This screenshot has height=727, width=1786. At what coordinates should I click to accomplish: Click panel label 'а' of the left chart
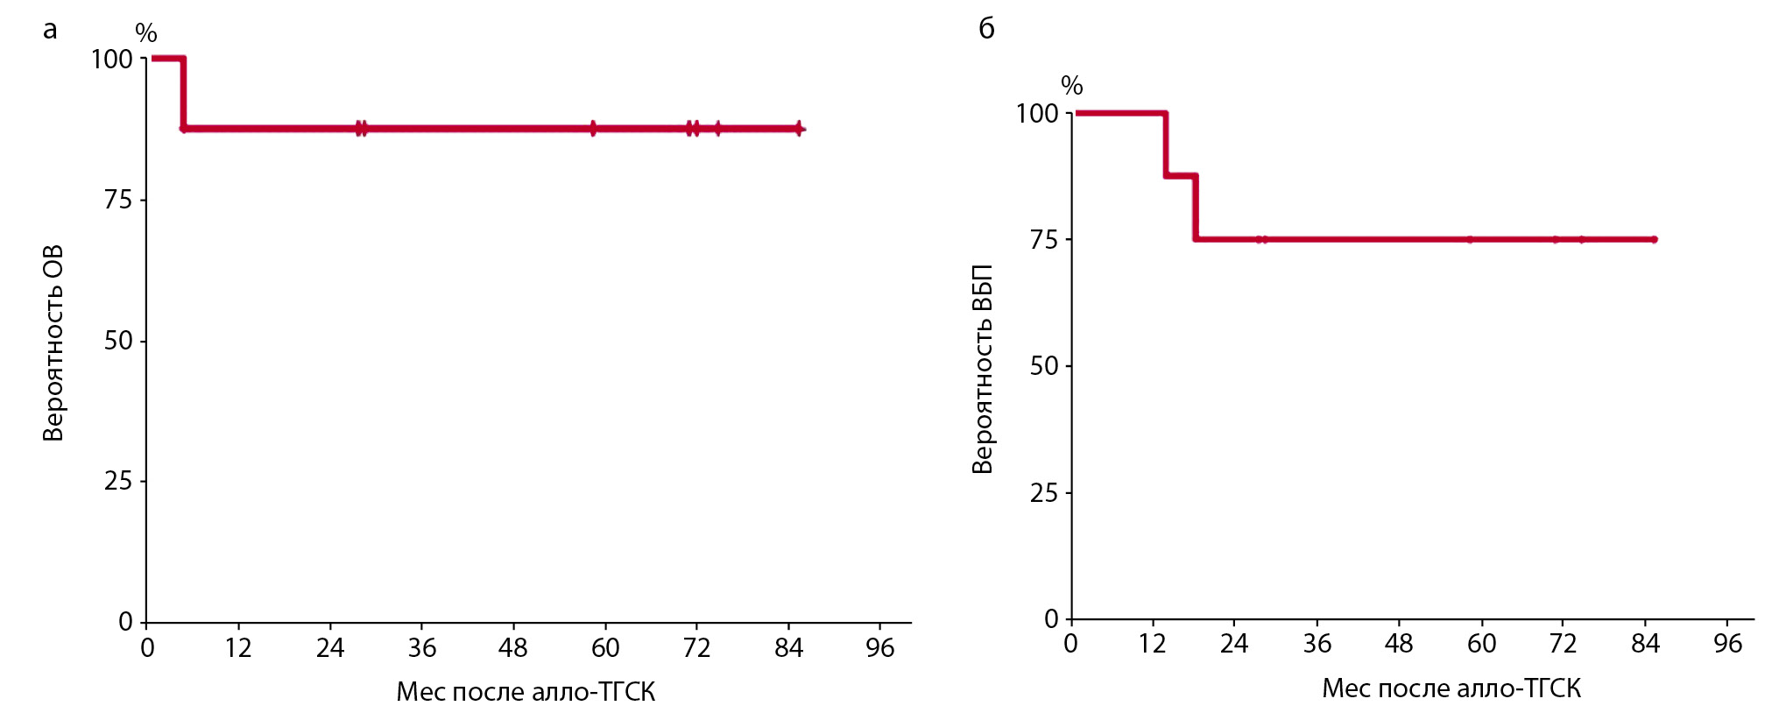coord(50,31)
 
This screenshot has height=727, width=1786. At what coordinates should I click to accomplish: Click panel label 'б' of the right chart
coord(986,29)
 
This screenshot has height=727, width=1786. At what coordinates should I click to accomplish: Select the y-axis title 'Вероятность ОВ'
coord(53,342)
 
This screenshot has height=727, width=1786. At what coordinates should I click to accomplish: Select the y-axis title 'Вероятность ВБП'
coord(982,369)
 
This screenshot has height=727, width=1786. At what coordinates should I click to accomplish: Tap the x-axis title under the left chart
coord(526,692)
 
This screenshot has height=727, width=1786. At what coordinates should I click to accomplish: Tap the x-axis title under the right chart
coord(1451,688)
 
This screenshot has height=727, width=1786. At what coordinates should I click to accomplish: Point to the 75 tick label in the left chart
coord(118,200)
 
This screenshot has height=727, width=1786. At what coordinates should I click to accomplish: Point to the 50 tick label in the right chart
coord(1044,365)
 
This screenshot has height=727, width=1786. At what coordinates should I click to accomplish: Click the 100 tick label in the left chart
coord(112,60)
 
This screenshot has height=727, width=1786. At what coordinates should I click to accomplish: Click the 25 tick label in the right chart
coord(1044,493)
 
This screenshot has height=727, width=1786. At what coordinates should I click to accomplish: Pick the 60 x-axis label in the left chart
coord(605,648)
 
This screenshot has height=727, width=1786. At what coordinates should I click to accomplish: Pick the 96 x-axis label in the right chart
coord(1727,645)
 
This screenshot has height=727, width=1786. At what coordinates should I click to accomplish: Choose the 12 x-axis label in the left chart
coord(238,648)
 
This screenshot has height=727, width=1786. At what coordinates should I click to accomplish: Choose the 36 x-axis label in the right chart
coord(1317,645)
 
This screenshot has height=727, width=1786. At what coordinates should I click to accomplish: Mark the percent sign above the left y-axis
coord(146,33)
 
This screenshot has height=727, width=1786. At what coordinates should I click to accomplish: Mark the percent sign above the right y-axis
coord(1072,86)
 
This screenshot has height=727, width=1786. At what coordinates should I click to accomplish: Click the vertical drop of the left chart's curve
coord(183,94)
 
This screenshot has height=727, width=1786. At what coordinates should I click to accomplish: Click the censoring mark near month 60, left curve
coord(593,129)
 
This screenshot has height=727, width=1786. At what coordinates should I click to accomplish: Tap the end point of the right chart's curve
coord(1654,239)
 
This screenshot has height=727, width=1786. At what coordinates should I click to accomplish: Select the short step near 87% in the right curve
coord(1181,176)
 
